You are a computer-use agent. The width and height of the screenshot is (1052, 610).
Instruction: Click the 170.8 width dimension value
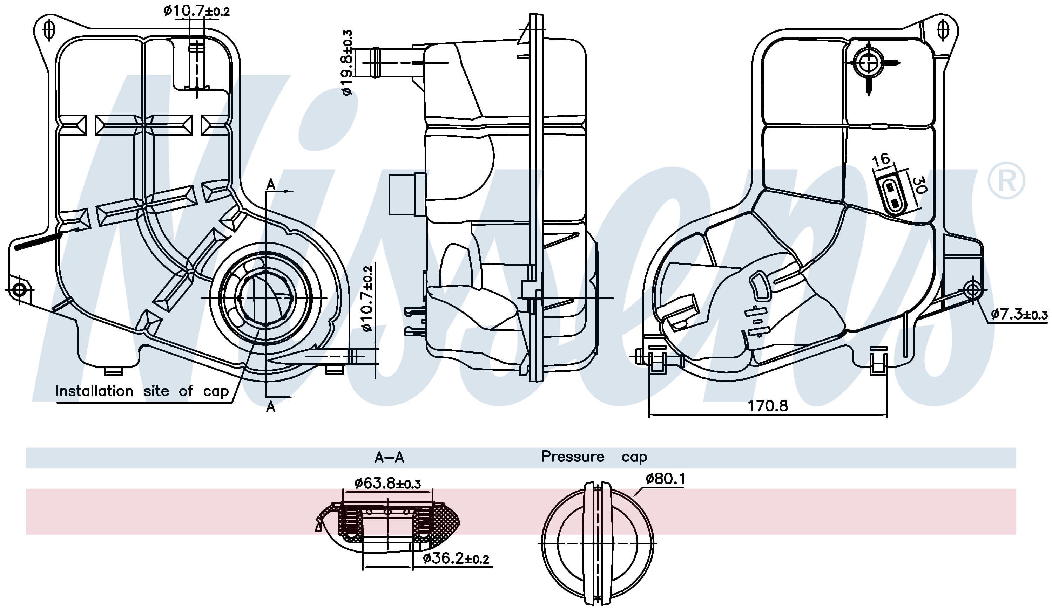point(767,405)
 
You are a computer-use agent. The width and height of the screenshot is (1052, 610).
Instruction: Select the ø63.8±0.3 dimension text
point(387,483)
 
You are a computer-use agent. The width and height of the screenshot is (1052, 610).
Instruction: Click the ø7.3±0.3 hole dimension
point(1019,314)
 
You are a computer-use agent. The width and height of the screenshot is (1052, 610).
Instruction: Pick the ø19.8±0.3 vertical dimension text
point(347,63)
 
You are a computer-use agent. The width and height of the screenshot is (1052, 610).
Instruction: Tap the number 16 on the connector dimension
point(881,160)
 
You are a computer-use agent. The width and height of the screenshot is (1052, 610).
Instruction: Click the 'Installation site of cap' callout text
point(142,391)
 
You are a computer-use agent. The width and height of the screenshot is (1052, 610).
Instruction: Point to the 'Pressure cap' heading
point(594,457)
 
